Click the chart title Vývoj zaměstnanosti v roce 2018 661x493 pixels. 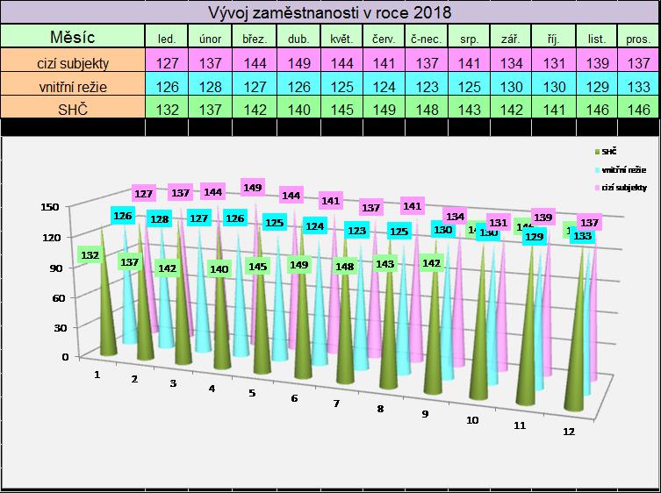click(x=329, y=12)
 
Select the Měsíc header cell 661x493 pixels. click(x=73, y=37)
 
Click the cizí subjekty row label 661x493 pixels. click(x=73, y=62)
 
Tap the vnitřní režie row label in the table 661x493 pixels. click(x=73, y=86)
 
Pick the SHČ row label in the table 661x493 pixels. click(x=73, y=108)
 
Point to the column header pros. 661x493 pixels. click(x=639, y=39)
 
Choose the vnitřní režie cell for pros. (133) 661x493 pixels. click(x=639, y=86)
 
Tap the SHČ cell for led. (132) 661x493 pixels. click(x=166, y=108)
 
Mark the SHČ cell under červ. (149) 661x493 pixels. click(x=382, y=108)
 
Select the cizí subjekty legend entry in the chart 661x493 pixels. click(x=615, y=188)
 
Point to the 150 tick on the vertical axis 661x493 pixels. click(x=49, y=207)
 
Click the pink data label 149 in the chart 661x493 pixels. click(x=253, y=187)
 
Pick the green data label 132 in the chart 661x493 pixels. click(x=90, y=255)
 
